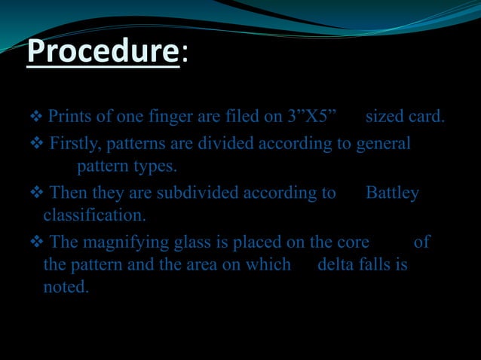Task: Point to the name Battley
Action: [x=392, y=194]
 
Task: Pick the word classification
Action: [x=94, y=216]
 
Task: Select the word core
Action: [x=353, y=243]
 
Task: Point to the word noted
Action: [x=66, y=287]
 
